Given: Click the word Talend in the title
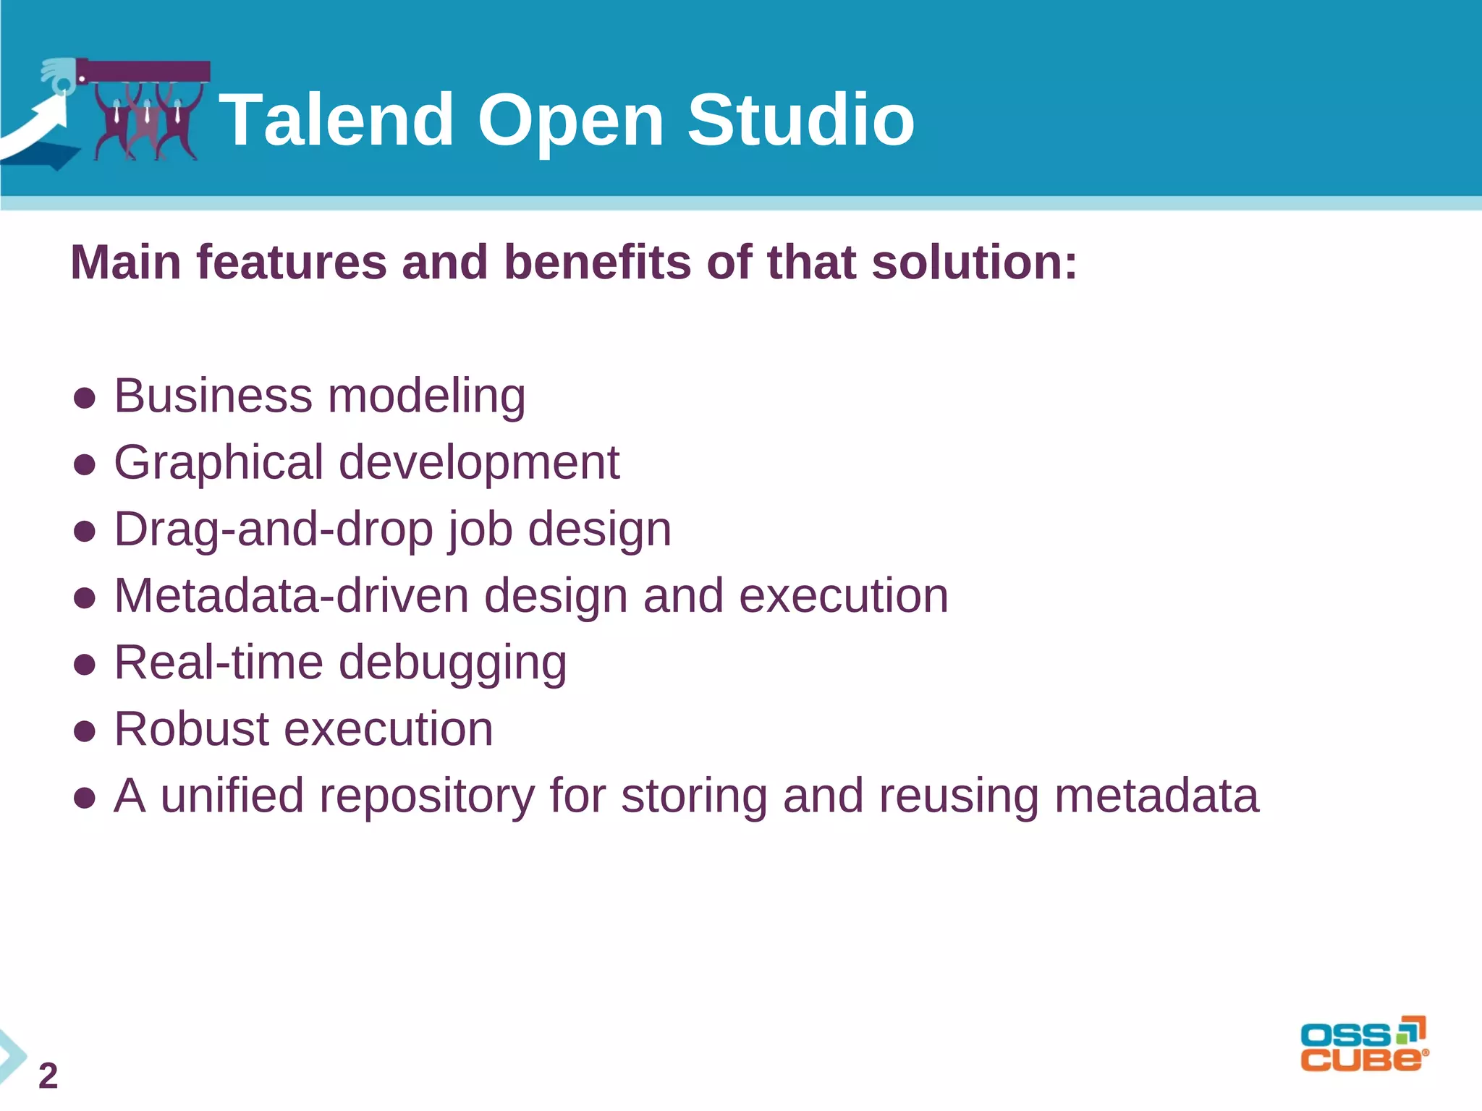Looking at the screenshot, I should pos(336,120).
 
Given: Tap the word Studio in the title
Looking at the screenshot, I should pos(800,120).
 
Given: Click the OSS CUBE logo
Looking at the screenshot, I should pos(1363,1044).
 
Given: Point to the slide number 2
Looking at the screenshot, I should pos(48,1076).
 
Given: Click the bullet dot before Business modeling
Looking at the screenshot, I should pos(85,398).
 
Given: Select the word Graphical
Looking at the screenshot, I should pos(219,463).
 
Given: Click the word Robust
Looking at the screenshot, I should pos(191,729).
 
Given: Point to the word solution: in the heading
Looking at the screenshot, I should pos(974,262).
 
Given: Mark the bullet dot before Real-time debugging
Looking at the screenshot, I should pos(85,664).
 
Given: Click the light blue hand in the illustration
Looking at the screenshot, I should pos(58,75).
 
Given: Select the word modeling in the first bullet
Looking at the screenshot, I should pos(426,396).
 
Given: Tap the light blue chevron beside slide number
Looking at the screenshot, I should pos(11,1056).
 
